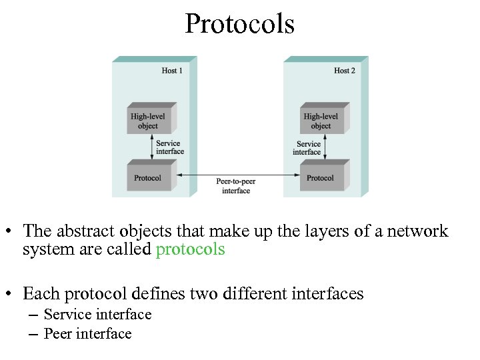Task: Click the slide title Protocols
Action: [x=239, y=24]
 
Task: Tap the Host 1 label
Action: [x=173, y=71]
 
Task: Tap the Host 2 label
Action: [x=345, y=71]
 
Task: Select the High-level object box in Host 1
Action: [x=149, y=120]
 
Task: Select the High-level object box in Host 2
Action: [x=322, y=120]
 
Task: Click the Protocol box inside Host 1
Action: [x=149, y=177]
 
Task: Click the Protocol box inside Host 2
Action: [x=321, y=177]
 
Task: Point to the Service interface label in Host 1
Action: [x=170, y=147]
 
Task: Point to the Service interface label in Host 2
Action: [x=307, y=147]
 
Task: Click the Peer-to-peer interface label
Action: [x=236, y=186]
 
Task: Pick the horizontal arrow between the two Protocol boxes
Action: [x=236, y=175]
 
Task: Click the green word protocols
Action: [x=190, y=250]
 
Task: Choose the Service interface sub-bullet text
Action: [x=97, y=314]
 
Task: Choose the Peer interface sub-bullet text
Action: [x=87, y=333]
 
